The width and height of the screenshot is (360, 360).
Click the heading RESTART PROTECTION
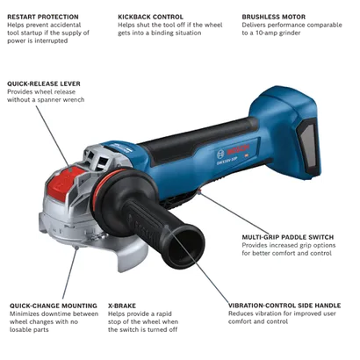(43, 17)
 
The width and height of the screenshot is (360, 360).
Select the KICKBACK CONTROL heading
(150, 17)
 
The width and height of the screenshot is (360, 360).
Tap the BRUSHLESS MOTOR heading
(274, 17)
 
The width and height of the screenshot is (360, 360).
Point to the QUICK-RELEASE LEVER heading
(44, 83)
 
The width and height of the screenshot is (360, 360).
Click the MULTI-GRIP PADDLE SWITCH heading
(288, 237)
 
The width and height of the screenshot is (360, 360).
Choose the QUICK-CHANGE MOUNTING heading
(54, 306)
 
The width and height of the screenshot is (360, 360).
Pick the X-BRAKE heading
(122, 306)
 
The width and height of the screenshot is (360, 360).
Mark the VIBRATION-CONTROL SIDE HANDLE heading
(284, 306)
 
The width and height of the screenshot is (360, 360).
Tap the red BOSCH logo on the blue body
(239, 149)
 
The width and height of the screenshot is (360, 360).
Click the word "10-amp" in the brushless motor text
(266, 33)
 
